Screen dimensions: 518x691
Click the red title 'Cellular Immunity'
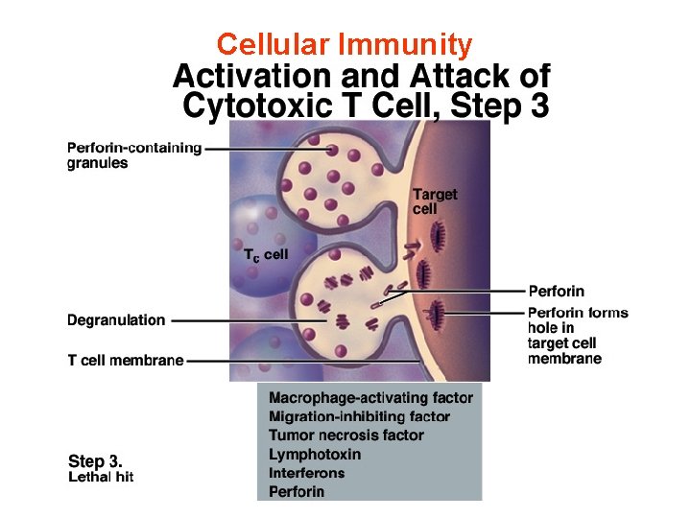coord(345,44)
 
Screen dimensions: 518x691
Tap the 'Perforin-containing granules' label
coord(133,155)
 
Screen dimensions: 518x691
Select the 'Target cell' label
coord(435,200)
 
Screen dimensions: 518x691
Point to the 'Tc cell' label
coord(265,254)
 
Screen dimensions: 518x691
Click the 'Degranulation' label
coord(116,320)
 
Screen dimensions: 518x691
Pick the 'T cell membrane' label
coord(125,361)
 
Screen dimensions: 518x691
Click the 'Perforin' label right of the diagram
coord(556,291)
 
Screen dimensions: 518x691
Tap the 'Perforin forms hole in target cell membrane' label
coord(577,336)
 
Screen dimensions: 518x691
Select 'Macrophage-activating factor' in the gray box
coord(370,397)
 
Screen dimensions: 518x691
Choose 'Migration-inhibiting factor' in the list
coord(359,416)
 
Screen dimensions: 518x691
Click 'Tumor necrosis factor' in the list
coord(345,436)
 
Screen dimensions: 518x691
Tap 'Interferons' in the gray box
coord(306,473)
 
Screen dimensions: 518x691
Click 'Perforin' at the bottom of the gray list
coord(297,492)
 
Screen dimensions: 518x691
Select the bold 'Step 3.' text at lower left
coord(95,460)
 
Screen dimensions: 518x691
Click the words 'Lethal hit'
coord(101,477)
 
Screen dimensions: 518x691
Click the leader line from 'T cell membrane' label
coord(298,361)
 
